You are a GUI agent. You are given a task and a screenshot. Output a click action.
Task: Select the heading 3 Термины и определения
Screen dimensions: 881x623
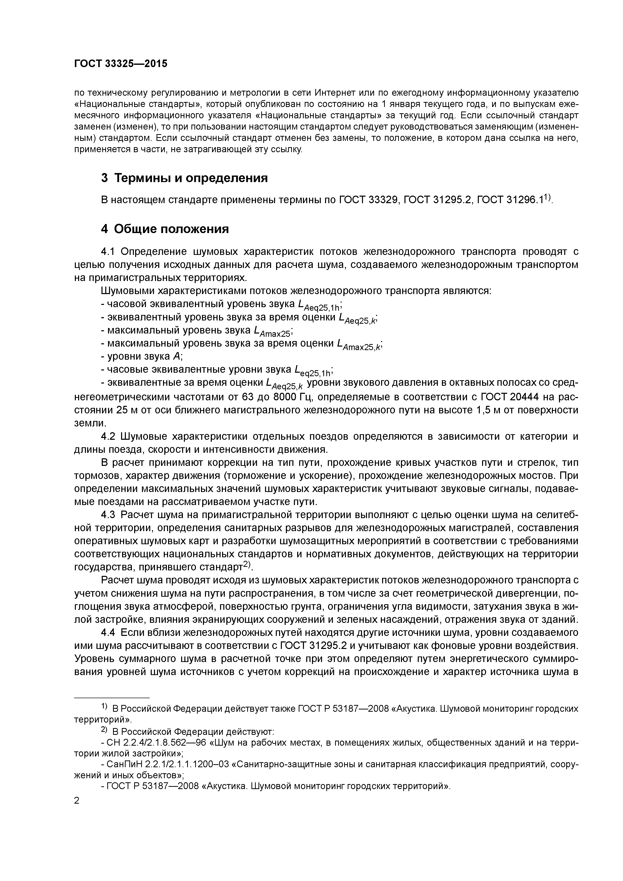click(x=184, y=178)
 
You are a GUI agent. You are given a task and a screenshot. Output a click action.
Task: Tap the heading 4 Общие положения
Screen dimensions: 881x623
click(x=165, y=229)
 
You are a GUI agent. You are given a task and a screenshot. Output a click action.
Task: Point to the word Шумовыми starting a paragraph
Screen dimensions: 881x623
click(x=131, y=291)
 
